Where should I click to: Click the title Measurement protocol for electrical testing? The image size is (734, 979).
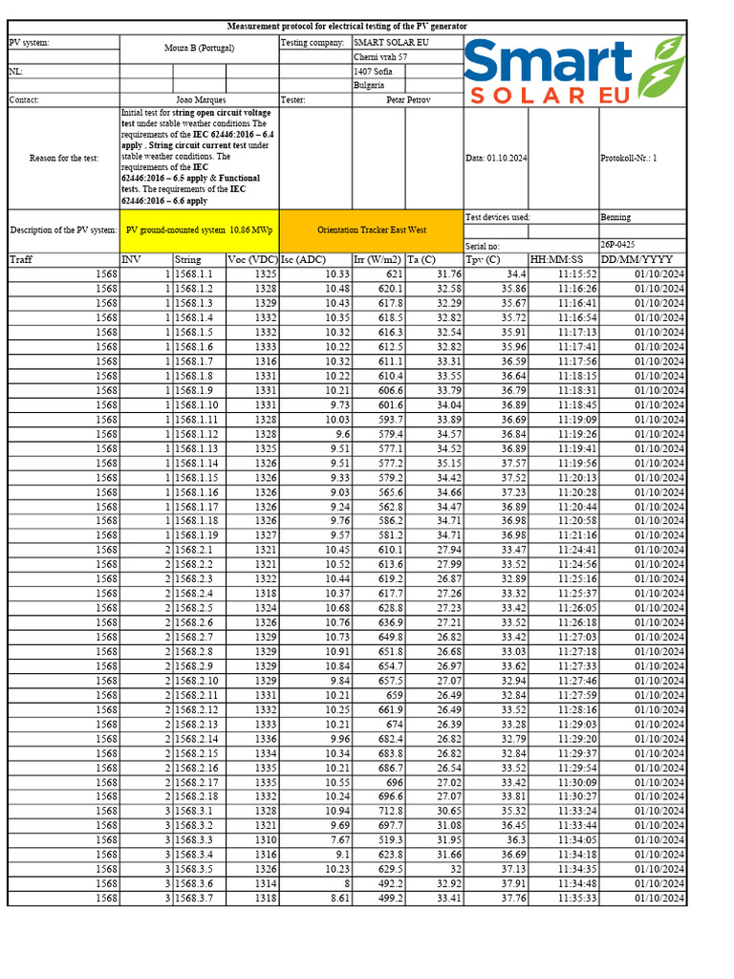pyautogui.click(x=347, y=27)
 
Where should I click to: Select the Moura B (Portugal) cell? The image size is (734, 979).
pyautogui.click(x=199, y=47)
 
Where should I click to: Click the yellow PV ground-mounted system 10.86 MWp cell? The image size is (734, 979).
pyautogui.click(x=199, y=230)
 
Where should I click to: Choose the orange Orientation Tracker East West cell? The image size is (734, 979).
pyautogui.click(x=372, y=230)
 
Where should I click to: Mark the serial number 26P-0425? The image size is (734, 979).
pyautogui.click(x=618, y=245)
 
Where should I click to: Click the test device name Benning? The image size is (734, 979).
pyautogui.click(x=615, y=217)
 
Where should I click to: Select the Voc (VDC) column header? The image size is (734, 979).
pyautogui.click(x=252, y=259)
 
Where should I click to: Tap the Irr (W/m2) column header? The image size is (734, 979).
pyautogui.click(x=378, y=259)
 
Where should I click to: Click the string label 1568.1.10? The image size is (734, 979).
pyautogui.click(x=196, y=405)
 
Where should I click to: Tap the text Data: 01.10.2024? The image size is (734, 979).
pyautogui.click(x=498, y=159)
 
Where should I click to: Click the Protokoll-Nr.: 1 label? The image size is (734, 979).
pyautogui.click(x=629, y=159)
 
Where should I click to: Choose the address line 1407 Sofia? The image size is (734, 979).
pyautogui.click(x=372, y=72)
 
